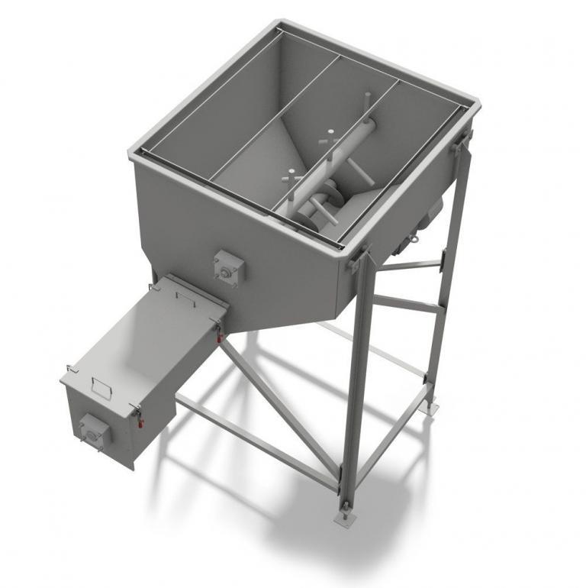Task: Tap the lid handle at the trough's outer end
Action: [x=99, y=386]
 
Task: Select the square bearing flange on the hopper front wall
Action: [x=227, y=267]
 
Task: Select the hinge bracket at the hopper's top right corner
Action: [x=461, y=141]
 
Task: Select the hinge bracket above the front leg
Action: [x=357, y=257]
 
